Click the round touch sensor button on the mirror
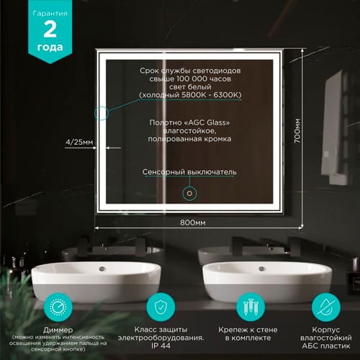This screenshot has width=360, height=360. coord(191,192)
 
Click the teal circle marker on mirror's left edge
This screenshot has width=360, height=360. coord(100,113)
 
